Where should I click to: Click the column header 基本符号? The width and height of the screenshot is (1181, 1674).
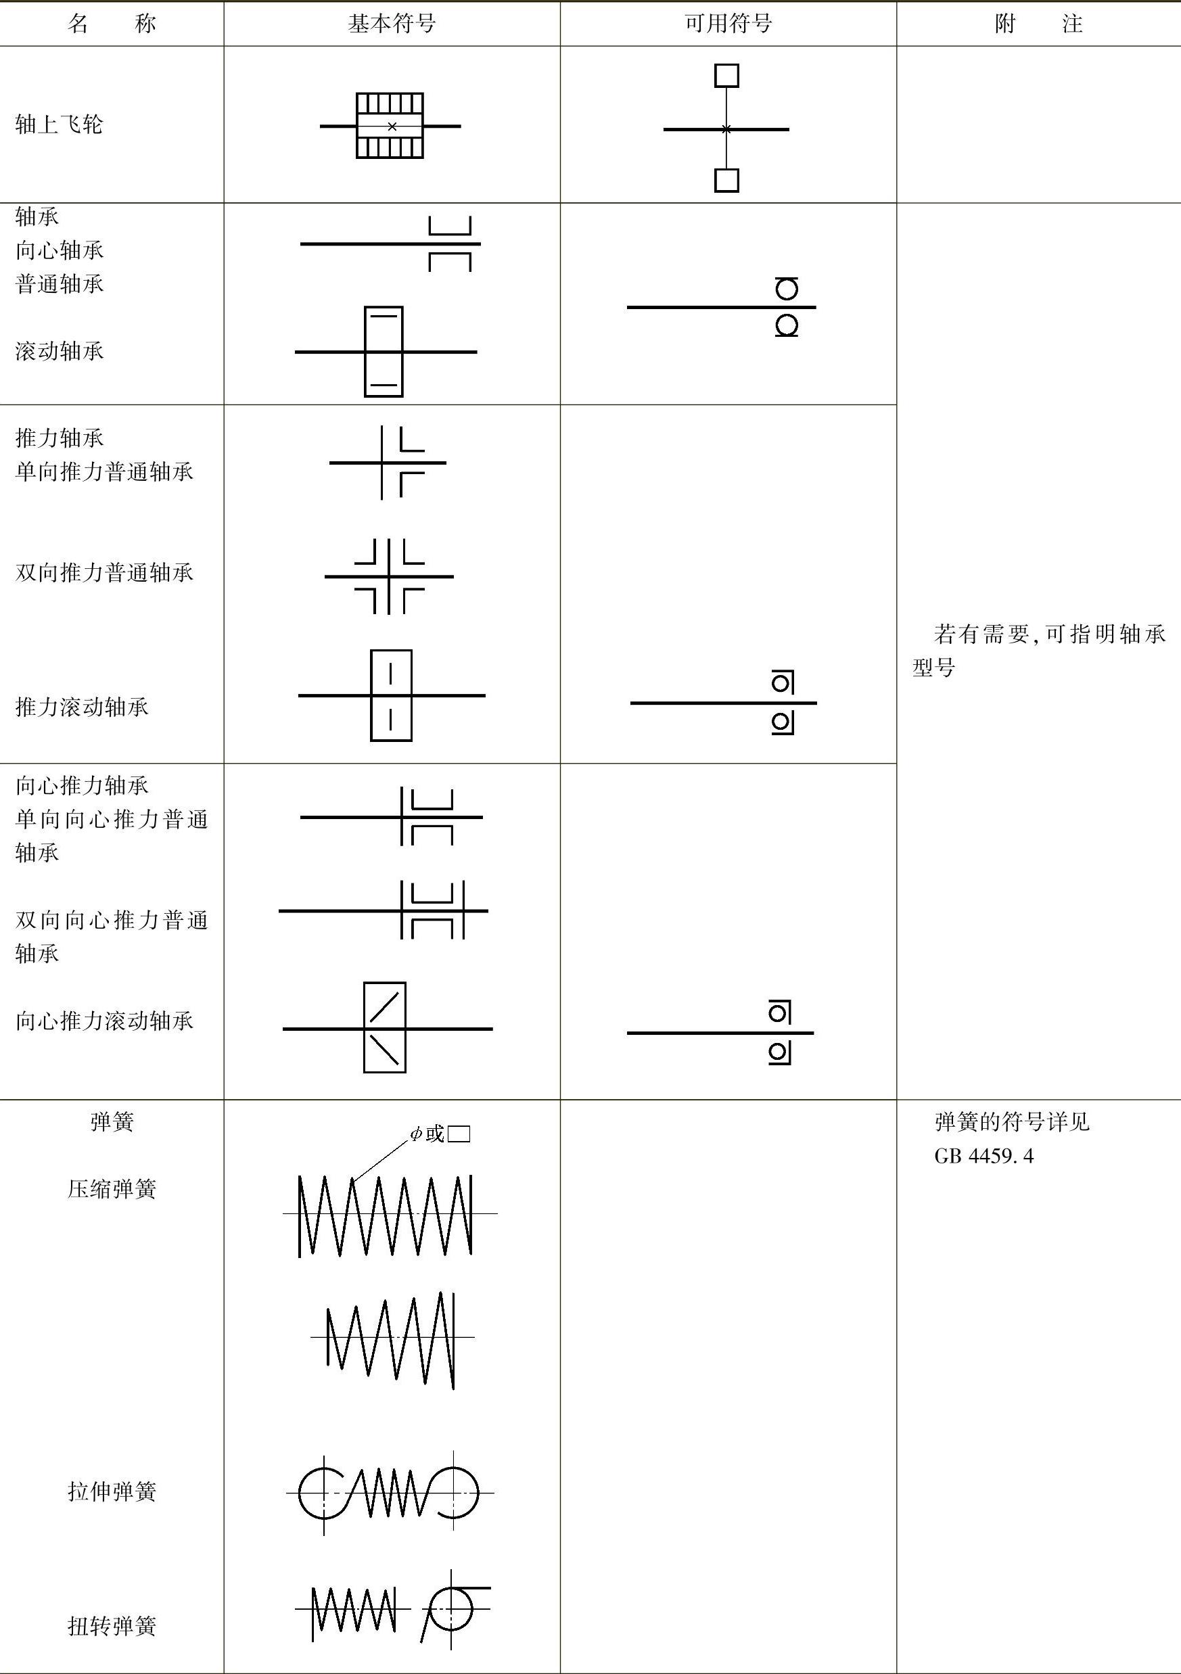coord(392,24)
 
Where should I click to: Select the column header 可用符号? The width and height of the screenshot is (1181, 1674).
coord(728,24)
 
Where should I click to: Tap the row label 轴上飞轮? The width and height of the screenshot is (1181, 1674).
coord(59,124)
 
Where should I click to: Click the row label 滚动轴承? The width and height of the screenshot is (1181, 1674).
coord(59,352)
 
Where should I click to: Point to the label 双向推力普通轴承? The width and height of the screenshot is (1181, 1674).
coord(104,573)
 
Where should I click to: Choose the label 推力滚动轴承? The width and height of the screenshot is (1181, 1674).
coord(82,707)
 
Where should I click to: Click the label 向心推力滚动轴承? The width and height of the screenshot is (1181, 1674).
coord(104,1021)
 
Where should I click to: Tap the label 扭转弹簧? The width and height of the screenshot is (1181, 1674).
coord(112,1625)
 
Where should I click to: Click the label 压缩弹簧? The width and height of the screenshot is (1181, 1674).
coord(112,1190)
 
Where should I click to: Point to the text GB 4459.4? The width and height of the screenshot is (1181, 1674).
coord(983,1157)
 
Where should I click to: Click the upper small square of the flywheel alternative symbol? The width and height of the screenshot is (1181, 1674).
coord(726,76)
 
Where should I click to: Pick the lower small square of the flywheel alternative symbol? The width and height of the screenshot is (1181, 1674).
coord(726,180)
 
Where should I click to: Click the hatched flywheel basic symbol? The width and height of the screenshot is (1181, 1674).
coord(390,125)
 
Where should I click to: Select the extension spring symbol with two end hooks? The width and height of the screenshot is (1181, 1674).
coord(388,1493)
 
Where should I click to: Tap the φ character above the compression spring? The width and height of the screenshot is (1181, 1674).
coord(415,1134)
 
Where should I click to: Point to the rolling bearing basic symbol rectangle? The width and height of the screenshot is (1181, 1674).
coord(384,352)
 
